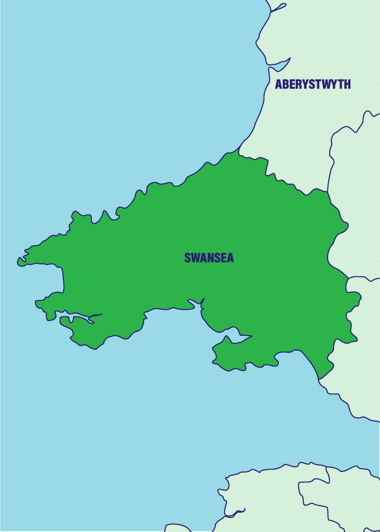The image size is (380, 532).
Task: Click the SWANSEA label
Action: (209, 258)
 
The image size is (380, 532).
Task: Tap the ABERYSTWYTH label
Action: (313, 84)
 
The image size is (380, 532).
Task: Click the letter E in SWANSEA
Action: (223, 258)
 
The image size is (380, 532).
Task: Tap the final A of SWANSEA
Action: (230, 258)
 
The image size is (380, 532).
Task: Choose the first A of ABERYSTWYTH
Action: (279, 84)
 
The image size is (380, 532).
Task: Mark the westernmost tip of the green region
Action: (19, 261)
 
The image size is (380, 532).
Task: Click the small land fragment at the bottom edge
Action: (175, 528)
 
